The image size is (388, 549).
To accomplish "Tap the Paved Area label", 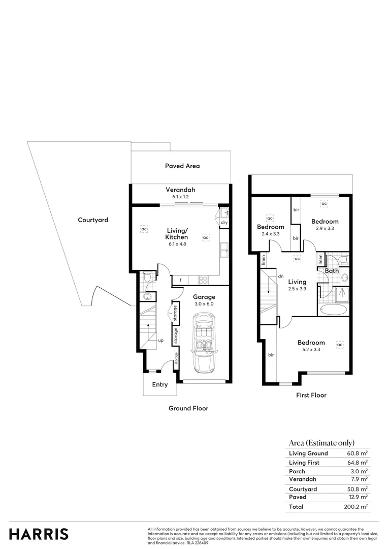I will point(182,166).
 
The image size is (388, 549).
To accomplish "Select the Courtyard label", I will point(93,220).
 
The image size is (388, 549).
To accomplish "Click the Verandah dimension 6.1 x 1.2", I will point(180,197).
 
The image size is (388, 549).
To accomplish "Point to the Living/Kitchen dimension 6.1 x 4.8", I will point(177,245).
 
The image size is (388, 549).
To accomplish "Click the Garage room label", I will point(204,297).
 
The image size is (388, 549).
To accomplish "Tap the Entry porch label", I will point(160,385).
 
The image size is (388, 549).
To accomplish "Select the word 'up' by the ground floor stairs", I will point(160,340).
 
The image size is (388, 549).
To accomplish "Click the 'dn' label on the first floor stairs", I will point(280,277).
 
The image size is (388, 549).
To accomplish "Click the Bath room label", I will point(332,271).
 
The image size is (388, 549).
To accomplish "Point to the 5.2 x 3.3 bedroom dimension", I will point(311,350).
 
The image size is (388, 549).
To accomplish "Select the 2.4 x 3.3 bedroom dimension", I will point(270,234).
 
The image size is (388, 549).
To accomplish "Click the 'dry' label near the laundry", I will point(224,222).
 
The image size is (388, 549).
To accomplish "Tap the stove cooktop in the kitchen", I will point(202,280).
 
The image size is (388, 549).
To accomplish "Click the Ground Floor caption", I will point(188,408).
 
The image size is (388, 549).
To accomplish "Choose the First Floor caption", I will point(311,395).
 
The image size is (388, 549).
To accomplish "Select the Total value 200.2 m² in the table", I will point(356,507).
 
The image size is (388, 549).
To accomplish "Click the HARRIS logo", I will point(39,534).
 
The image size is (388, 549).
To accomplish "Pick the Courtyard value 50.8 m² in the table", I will point(357,489).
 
